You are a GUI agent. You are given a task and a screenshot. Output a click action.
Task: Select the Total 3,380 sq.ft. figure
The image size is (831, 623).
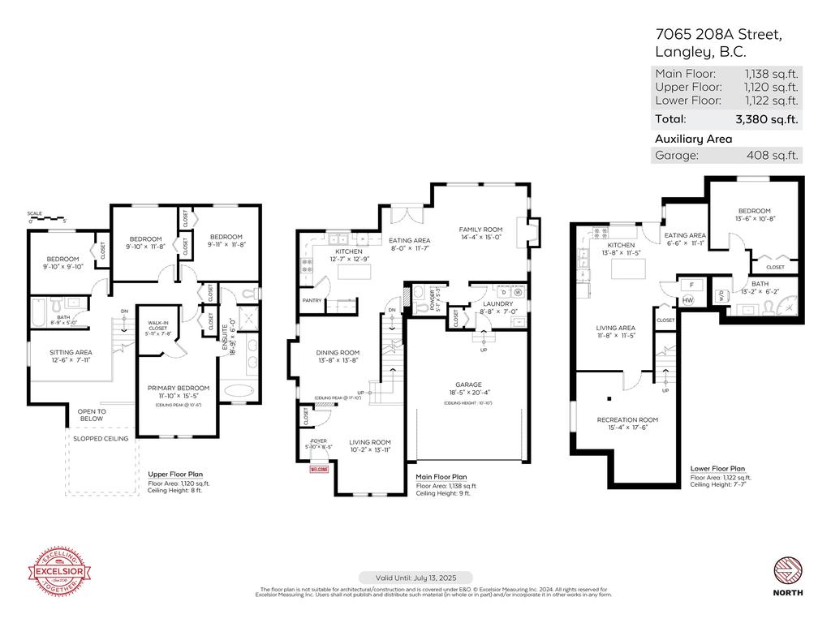766,119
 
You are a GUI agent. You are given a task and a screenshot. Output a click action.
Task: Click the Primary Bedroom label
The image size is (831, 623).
178,388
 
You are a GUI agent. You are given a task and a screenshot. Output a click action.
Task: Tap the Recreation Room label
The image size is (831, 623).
627,419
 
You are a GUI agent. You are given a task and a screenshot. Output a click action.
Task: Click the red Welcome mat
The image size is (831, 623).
320,468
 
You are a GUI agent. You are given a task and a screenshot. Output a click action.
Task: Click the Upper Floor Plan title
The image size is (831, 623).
175,474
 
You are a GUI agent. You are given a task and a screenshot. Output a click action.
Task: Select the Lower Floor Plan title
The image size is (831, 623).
717,468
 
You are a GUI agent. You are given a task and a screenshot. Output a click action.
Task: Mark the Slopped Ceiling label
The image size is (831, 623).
100,438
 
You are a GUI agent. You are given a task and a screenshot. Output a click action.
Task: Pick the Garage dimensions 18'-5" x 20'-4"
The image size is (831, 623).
468,393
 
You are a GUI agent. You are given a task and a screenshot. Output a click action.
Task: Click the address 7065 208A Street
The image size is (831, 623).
718,34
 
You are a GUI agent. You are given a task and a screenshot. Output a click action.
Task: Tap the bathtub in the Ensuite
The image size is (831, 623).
238,389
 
